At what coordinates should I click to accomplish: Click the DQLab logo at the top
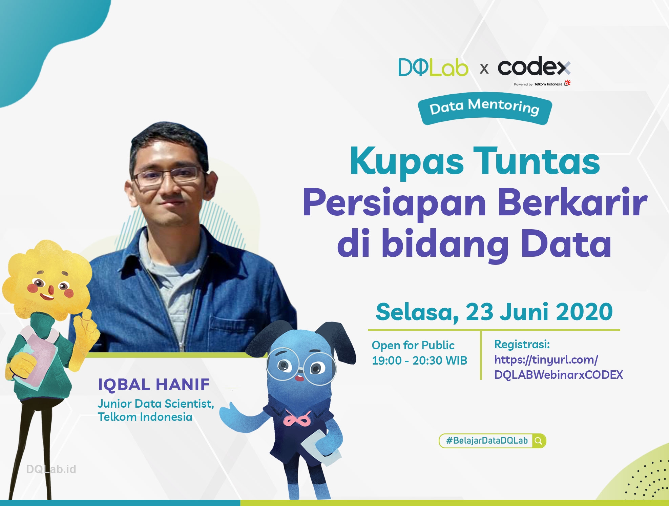tap(433, 67)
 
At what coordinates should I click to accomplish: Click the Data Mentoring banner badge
tap(485, 108)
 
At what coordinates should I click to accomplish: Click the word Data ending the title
tap(566, 244)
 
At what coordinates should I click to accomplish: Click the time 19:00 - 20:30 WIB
tap(419, 360)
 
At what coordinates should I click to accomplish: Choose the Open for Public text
tap(413, 345)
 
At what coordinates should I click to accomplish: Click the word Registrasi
tap(522, 344)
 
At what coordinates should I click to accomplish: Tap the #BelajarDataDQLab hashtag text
tap(487, 441)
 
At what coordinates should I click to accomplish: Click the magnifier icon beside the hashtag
tap(539, 441)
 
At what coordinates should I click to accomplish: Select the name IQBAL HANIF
tap(154, 385)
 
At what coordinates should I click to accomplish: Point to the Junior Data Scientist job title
tap(156, 404)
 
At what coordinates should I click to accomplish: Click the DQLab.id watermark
tap(51, 469)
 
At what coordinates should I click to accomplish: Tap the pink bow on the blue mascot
tap(297, 419)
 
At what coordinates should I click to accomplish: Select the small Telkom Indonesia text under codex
tap(548, 84)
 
